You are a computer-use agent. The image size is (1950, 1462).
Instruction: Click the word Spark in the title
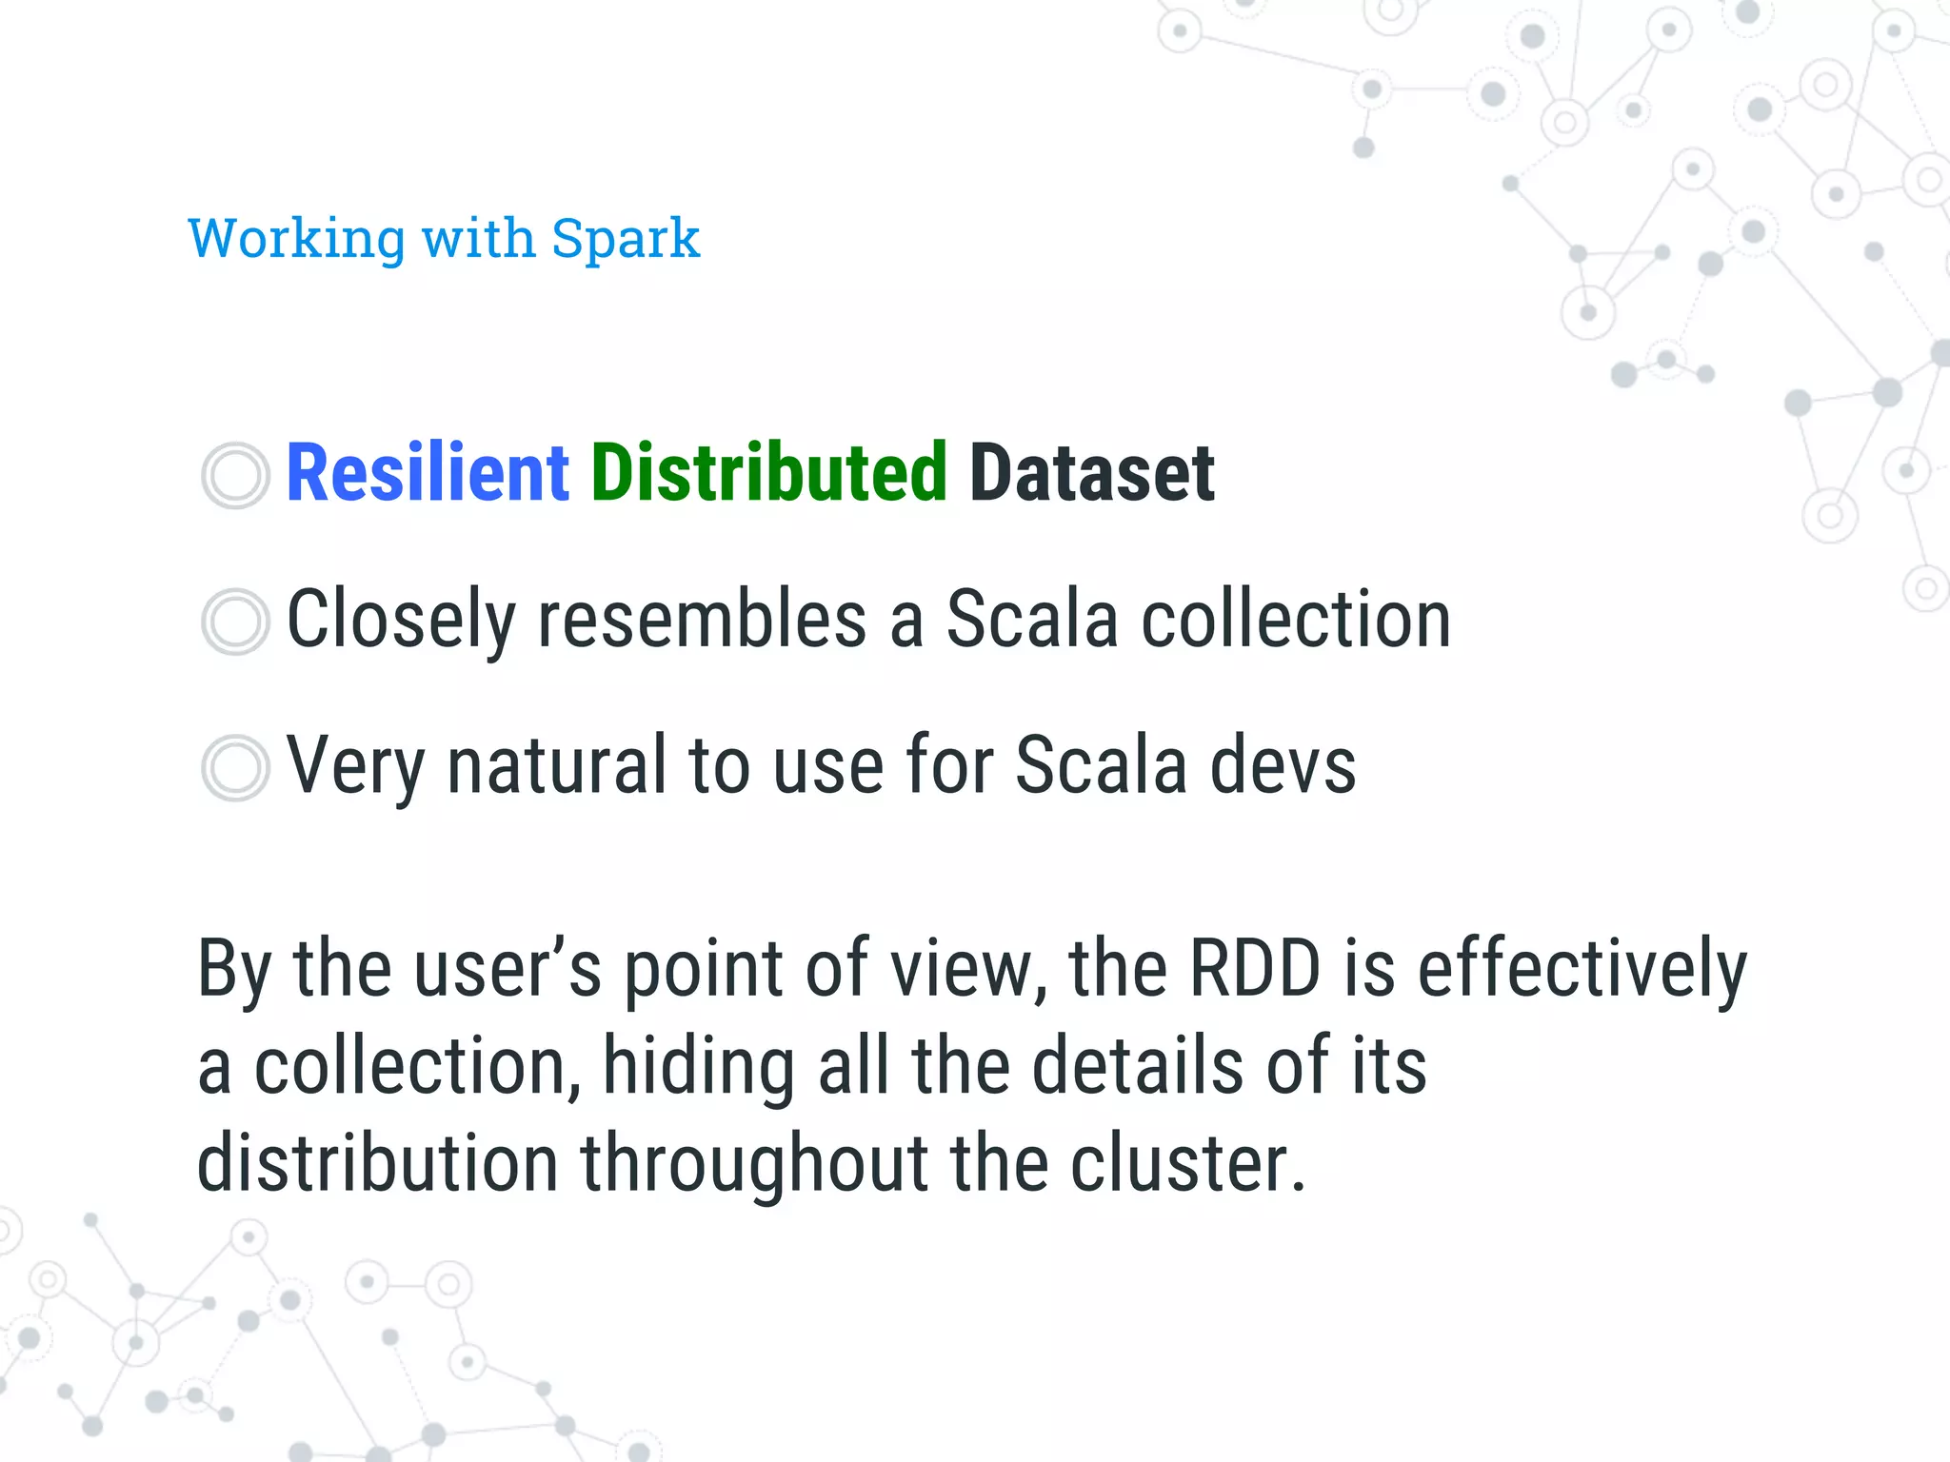(626, 238)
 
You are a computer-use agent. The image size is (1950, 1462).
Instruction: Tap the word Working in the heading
(296, 238)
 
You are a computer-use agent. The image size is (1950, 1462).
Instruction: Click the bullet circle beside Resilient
(235, 475)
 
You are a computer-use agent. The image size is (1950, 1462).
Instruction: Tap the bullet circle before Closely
(235, 622)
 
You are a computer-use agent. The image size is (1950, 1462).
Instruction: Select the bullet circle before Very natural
(235, 767)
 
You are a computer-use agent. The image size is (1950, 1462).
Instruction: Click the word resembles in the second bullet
(702, 620)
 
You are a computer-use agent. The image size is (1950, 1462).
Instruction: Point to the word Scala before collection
(1031, 620)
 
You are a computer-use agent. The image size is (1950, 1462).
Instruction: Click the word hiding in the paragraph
(699, 1068)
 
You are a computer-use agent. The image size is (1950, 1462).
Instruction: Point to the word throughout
(755, 1165)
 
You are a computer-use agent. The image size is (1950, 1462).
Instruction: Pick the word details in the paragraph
(1138, 1066)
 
